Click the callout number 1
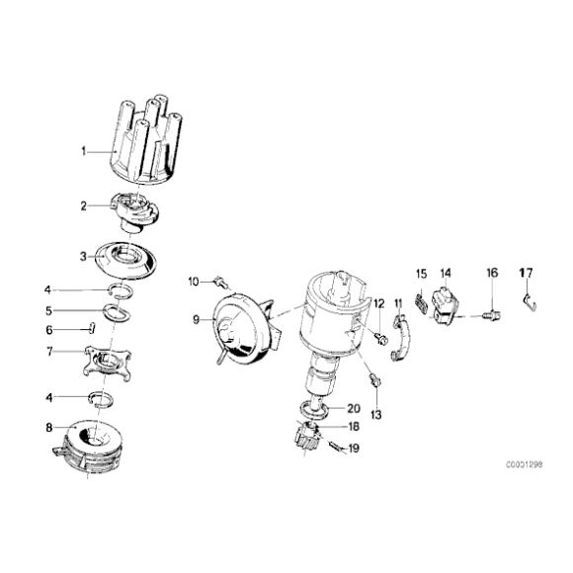tap(86, 151)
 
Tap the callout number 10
tap(194, 282)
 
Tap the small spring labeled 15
tap(422, 305)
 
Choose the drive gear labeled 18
tap(306, 434)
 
